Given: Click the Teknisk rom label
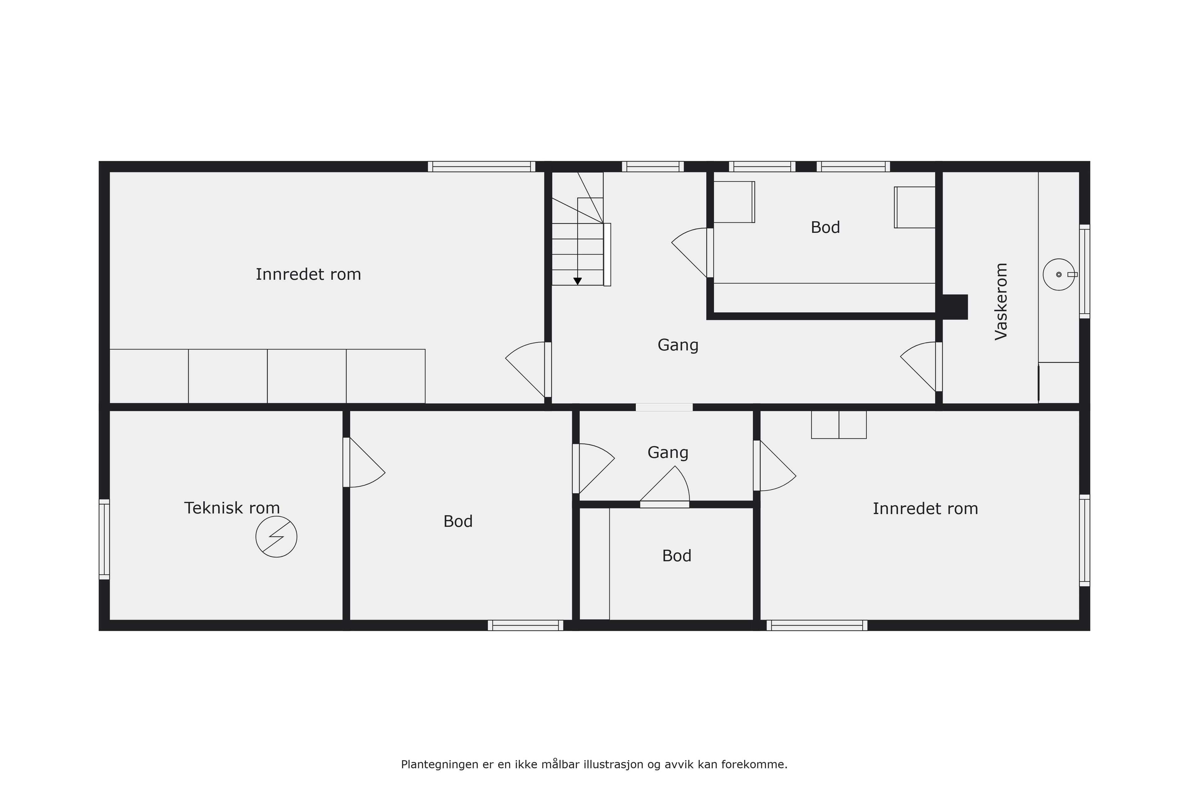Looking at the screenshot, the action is (232, 508).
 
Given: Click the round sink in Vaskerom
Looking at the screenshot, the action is (1059, 274).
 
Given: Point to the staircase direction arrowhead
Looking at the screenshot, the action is (577, 281).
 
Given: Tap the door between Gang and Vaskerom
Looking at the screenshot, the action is (921, 367).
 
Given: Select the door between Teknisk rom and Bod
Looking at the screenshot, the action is (364, 462).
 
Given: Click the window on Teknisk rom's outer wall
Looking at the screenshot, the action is (104, 540).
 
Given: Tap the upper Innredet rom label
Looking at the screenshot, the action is (308, 274).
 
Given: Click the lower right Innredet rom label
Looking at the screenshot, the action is (925, 509).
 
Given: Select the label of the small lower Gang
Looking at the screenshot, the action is (668, 453).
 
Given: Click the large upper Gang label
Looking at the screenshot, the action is (678, 345).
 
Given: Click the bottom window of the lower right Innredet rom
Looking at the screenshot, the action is (817, 625).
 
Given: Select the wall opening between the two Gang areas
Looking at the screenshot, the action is (664, 407).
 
